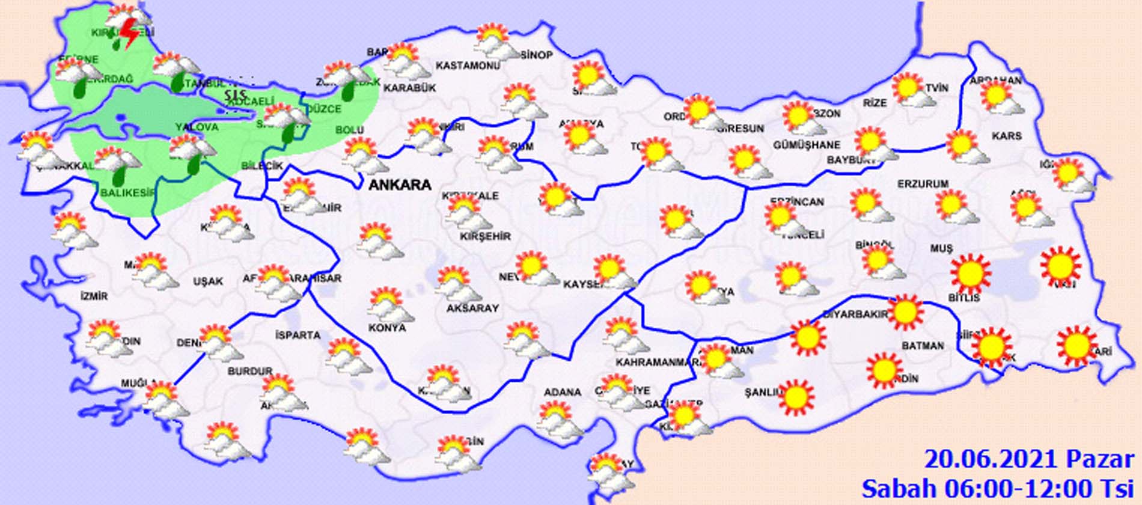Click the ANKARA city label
coord(400,185)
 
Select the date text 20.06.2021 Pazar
coord(1028,459)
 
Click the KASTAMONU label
coord(468,66)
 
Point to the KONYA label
coord(387,328)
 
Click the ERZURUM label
coord(923,184)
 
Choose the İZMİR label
coord(94,296)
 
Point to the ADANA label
coord(562,393)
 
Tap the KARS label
coord(1006,136)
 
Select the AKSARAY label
coord(472,308)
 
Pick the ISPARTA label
coord(298,335)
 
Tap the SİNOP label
coord(536,55)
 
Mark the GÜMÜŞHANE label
coord(806,145)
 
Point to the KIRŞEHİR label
coord(485,237)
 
